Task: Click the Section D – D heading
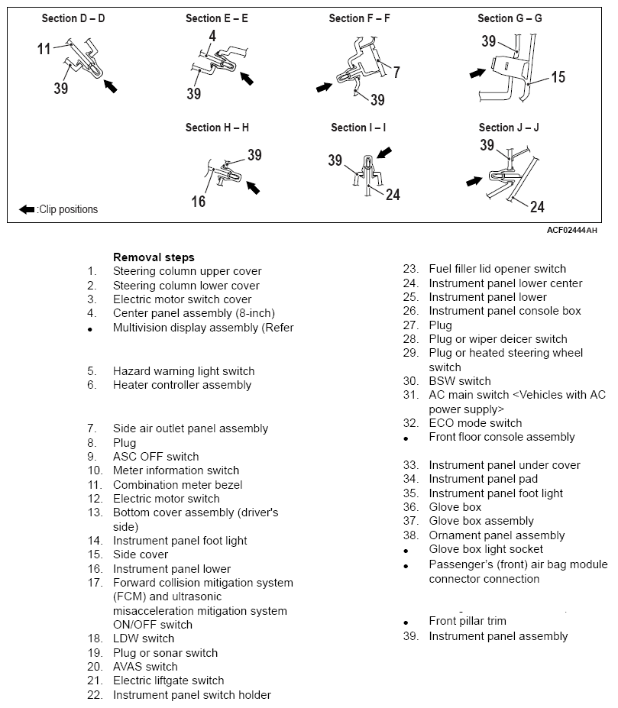coord(73,18)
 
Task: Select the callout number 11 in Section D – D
coord(44,49)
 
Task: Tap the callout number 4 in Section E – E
coord(212,36)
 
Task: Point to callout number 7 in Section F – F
coord(396,73)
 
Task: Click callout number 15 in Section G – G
coord(558,77)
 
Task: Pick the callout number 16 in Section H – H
coord(199,202)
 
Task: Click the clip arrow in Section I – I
coord(384,153)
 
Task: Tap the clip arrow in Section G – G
coord(477,73)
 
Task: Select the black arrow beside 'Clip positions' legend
coord(27,209)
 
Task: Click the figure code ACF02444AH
coord(572,231)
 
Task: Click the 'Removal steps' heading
coord(154,257)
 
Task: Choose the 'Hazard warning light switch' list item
coord(183,371)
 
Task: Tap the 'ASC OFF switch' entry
coord(156,457)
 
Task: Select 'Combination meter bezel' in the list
coord(177,485)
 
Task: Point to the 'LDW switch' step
coord(144,638)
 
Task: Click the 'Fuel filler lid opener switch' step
coord(497,269)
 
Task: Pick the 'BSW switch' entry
coord(460,381)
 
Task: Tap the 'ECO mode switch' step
coord(475,423)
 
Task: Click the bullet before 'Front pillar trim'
coord(406,622)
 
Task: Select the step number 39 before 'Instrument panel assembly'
coord(411,636)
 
